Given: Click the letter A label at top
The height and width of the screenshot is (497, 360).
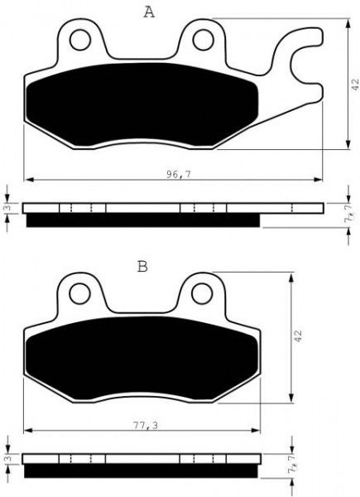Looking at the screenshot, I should pyautogui.click(x=148, y=12).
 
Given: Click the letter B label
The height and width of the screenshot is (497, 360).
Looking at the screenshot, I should pyautogui.click(x=142, y=267).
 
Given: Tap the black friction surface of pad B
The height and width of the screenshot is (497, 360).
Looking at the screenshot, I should pyautogui.click(x=141, y=356).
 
